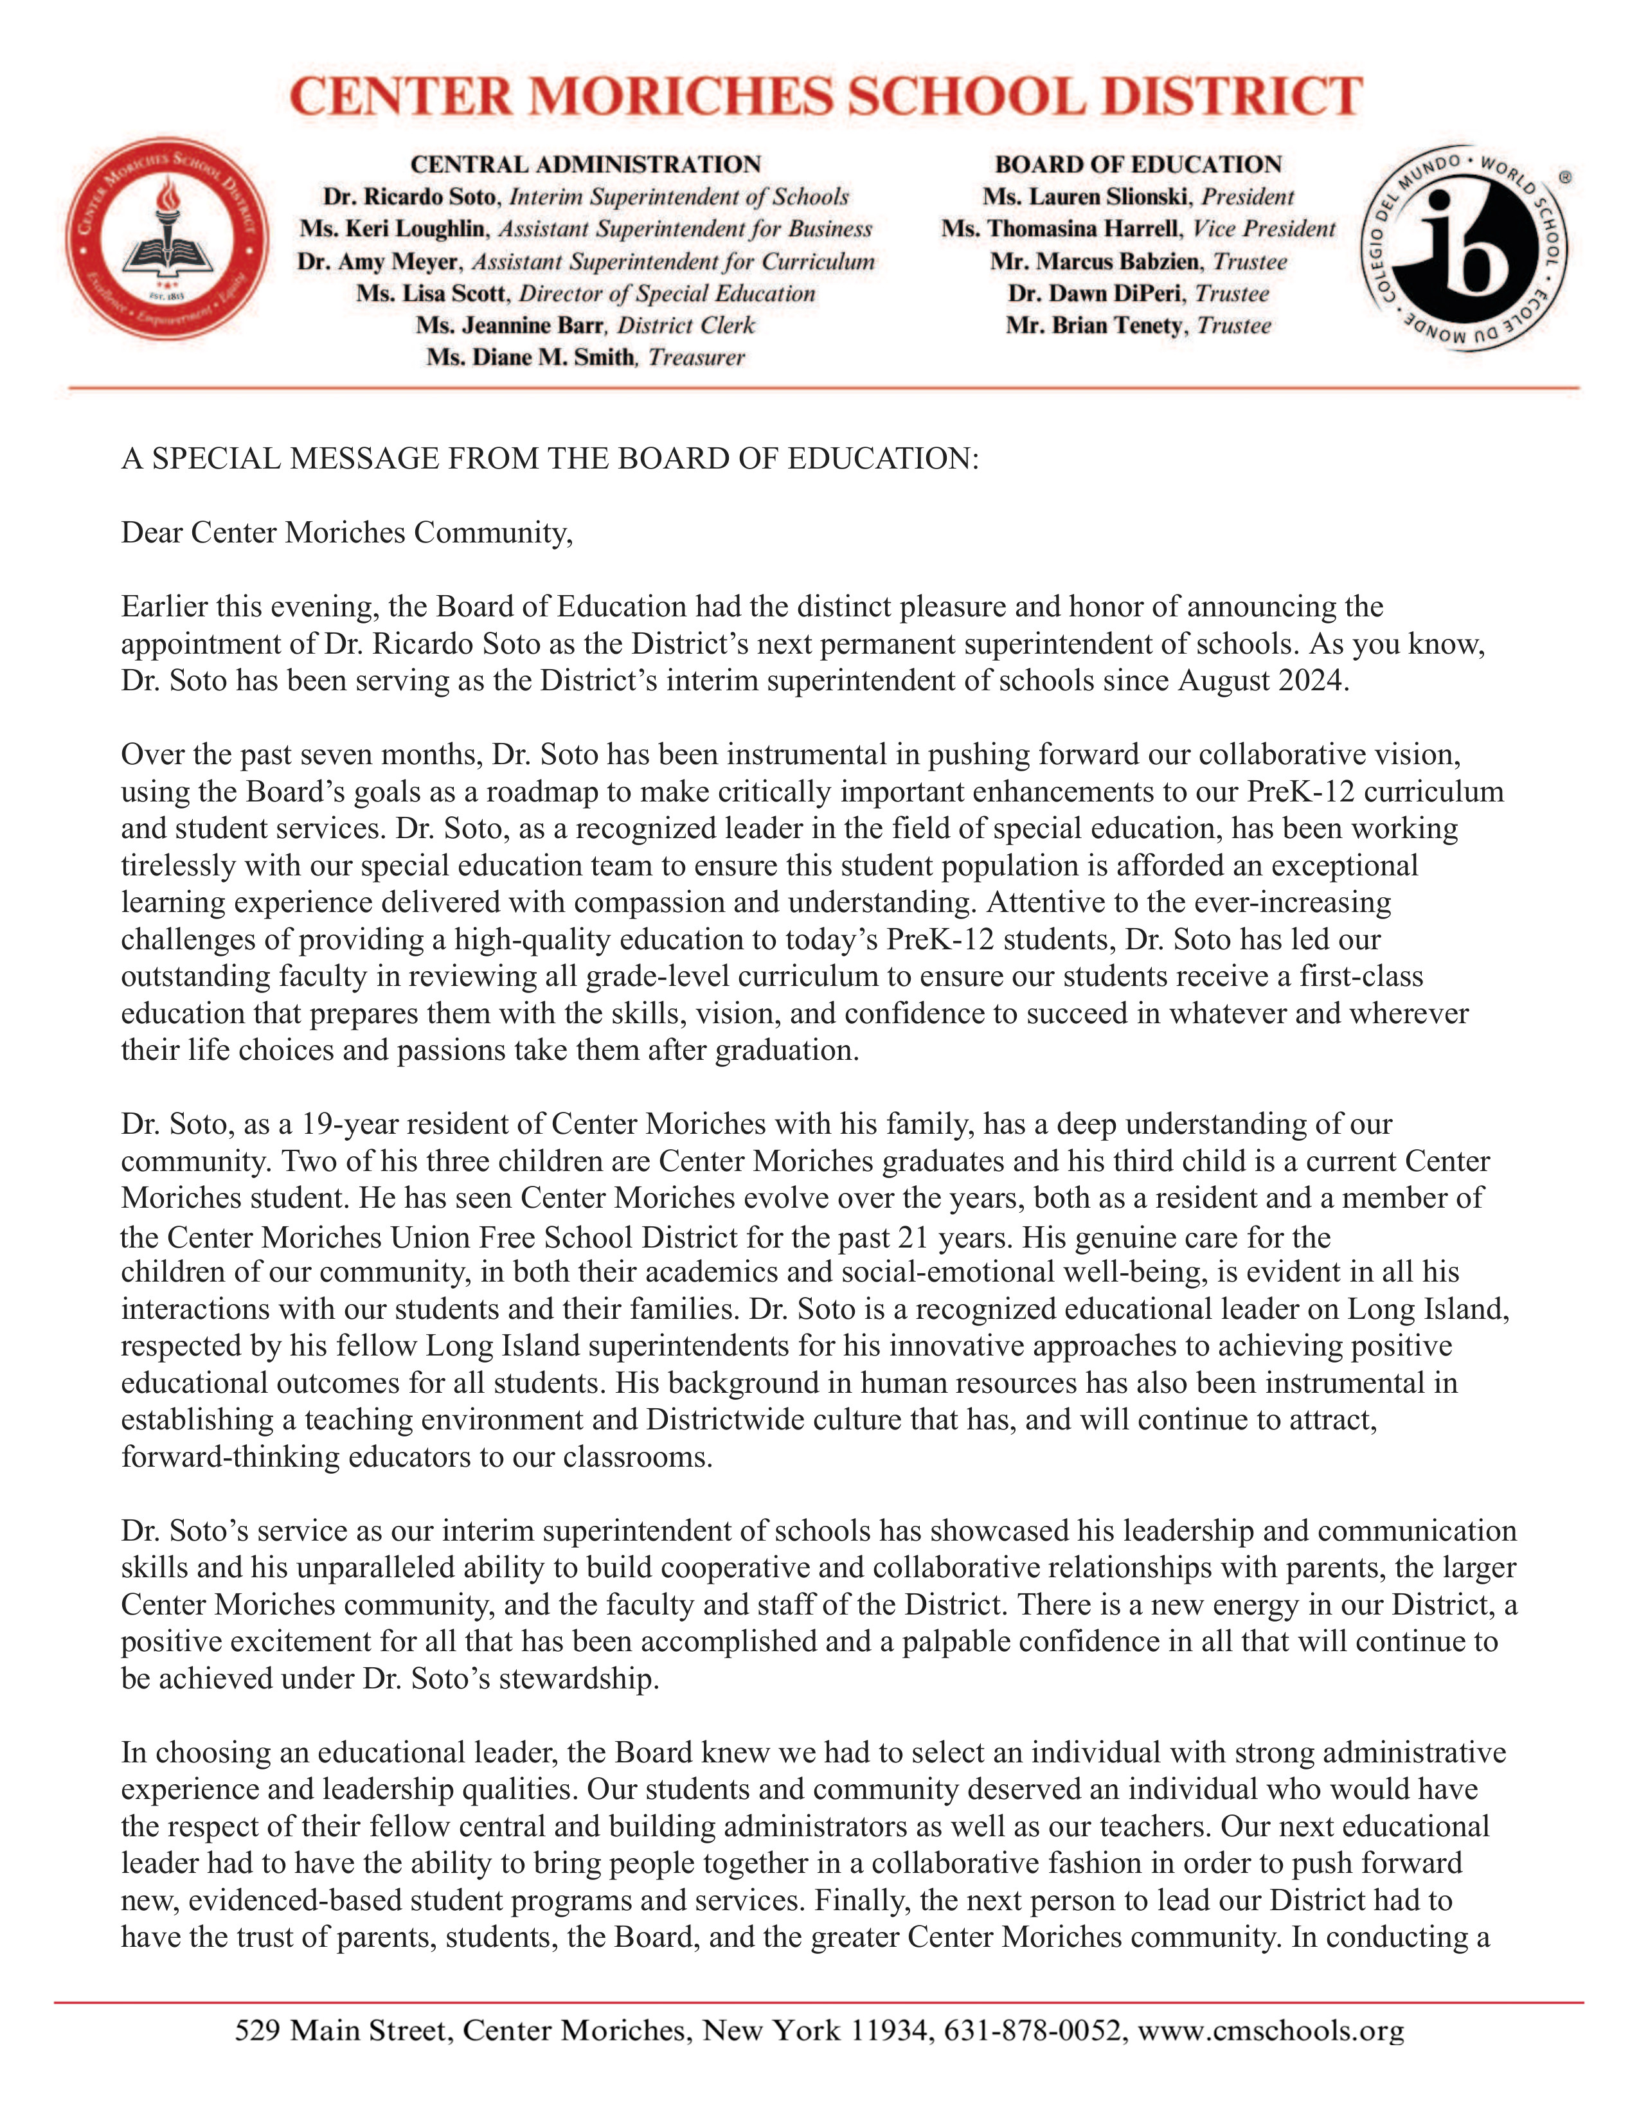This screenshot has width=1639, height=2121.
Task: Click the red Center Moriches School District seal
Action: pyautogui.click(x=167, y=238)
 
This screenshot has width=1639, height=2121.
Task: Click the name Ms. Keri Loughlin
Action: pyautogui.click(x=392, y=229)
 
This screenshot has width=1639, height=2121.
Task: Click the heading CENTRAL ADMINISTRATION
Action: pyautogui.click(x=586, y=164)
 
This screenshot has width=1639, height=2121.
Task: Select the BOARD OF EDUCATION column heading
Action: pyautogui.click(x=1138, y=164)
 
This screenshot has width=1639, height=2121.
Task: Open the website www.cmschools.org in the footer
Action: pyautogui.click(x=1270, y=2030)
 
